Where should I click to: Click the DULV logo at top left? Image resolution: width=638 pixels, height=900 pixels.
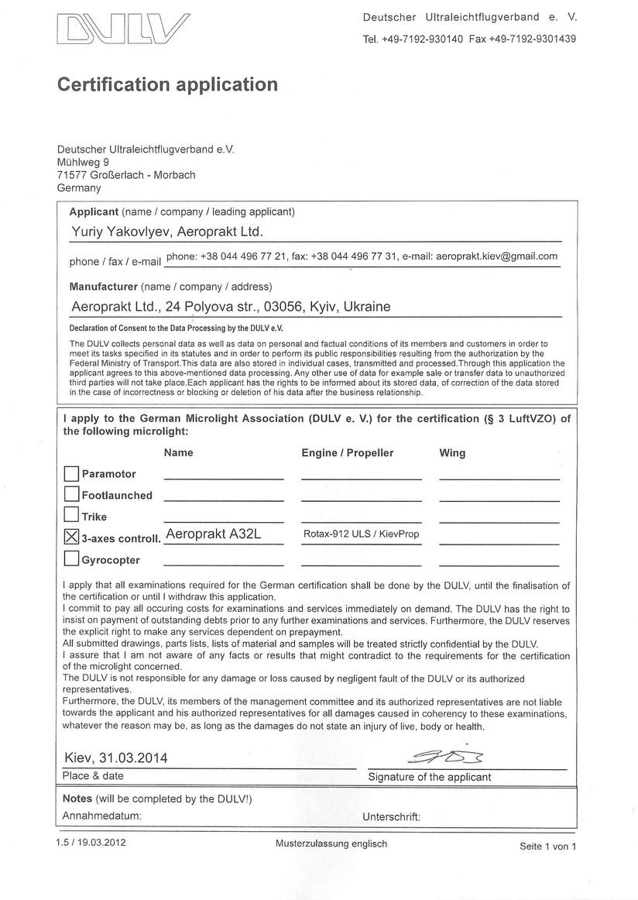[x=122, y=30]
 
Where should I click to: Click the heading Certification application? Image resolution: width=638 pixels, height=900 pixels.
[x=167, y=84]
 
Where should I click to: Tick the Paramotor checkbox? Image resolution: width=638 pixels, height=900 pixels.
[x=71, y=473]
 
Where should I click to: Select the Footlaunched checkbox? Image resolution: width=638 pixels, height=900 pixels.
[x=71, y=494]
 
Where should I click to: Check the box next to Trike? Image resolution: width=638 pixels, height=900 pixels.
[x=71, y=515]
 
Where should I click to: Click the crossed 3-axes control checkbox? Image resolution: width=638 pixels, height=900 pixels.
[x=71, y=536]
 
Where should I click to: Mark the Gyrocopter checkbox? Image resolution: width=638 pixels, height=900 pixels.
[x=71, y=558]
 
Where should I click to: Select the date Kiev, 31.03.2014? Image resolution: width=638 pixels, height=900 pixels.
[x=115, y=757]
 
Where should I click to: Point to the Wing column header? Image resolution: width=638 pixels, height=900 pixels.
[x=452, y=452]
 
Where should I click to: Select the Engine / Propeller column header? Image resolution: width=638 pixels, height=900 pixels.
[x=347, y=452]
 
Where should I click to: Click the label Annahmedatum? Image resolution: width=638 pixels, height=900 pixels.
[x=101, y=816]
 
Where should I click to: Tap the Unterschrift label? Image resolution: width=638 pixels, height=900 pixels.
[x=391, y=816]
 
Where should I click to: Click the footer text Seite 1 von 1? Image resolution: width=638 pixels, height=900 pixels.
[x=548, y=847]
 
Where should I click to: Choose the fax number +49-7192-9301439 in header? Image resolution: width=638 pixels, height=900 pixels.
[x=533, y=39]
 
